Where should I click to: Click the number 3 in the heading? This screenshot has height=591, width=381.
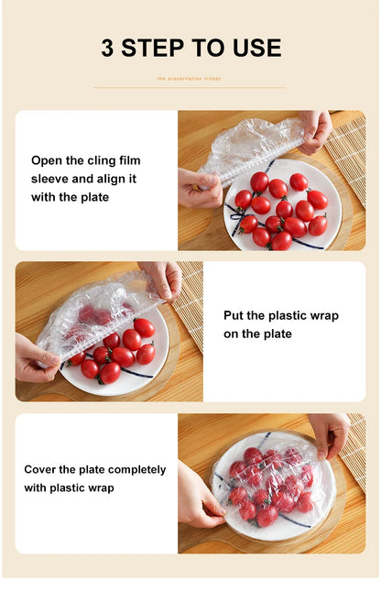coord(106,49)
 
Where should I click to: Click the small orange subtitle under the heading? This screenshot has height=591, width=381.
coord(189,79)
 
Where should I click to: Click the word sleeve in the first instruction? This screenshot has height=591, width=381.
coord(50,179)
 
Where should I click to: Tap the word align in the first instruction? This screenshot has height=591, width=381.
coord(102,179)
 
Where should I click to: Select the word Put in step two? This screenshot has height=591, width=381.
coord(234,315)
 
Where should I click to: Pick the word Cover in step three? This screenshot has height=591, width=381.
coord(41,469)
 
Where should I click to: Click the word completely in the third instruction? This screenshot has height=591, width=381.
coord(135,469)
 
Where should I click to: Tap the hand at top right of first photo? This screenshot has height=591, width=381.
coord(315,128)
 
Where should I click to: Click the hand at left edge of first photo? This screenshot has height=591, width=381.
coord(196,188)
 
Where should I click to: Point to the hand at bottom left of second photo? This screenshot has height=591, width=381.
coord(35,360)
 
